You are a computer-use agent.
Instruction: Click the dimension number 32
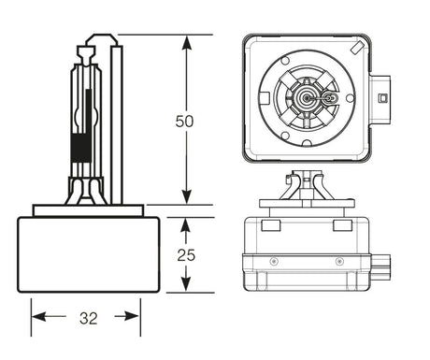89,317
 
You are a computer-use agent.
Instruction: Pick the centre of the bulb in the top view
308,96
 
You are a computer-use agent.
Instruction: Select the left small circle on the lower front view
275,261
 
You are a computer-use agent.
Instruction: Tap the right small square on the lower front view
343,225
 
